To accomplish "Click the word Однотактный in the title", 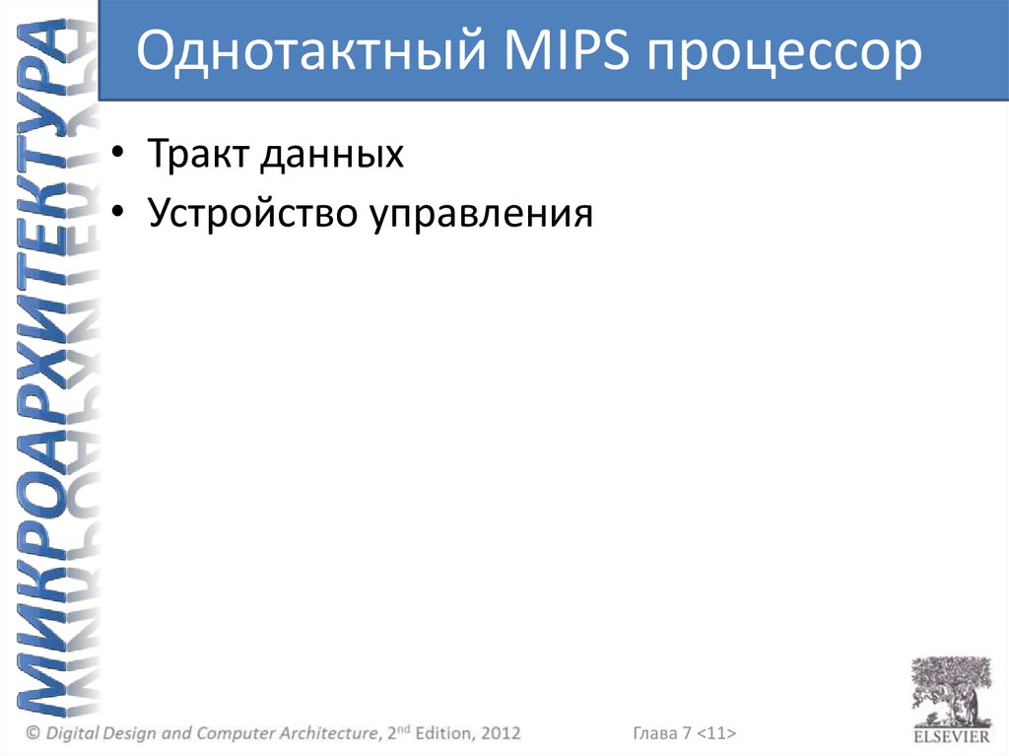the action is point(310,50).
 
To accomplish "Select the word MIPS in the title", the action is point(567,50).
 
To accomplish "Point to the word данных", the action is point(332,155).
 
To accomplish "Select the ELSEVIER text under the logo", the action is point(952,736).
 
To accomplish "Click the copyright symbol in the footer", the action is point(33,732).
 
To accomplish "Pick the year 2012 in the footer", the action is point(501,732).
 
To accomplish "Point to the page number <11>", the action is point(716,732).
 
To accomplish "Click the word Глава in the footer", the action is point(655,732).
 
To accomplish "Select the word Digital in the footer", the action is point(72,733).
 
